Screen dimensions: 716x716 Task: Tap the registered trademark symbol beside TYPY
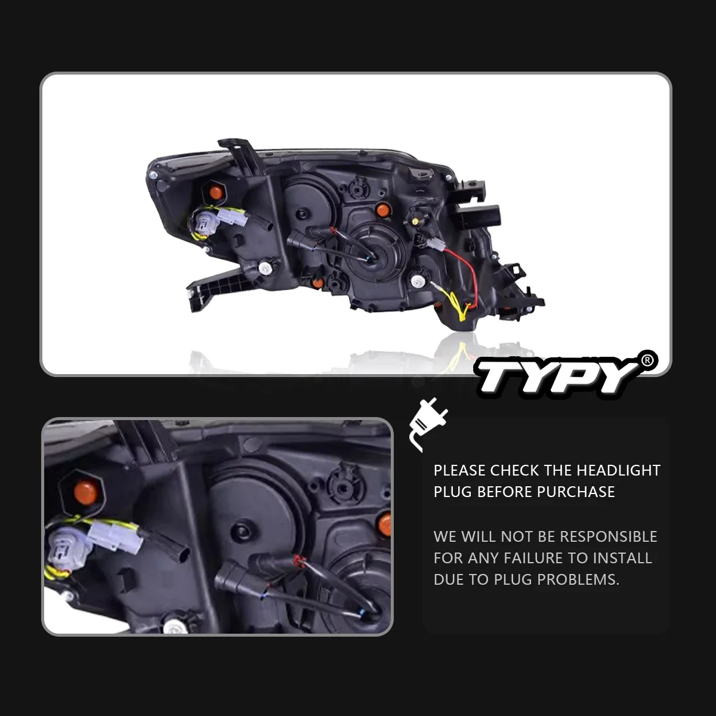click(647, 360)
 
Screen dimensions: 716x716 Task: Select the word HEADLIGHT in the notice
click(618, 470)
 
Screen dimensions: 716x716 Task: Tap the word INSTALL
click(623, 558)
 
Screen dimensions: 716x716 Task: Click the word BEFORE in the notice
click(505, 492)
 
